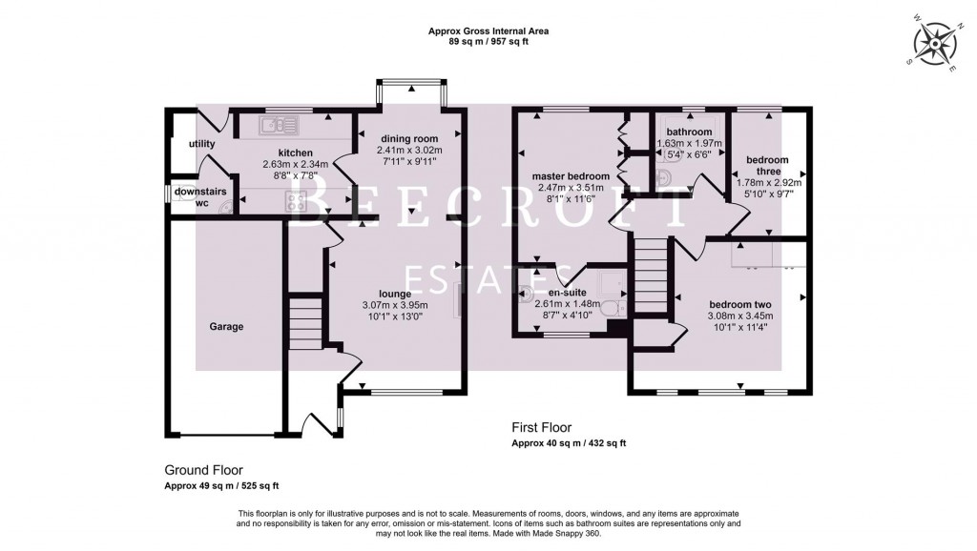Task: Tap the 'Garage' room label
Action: [x=226, y=327]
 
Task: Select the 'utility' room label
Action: [x=201, y=144]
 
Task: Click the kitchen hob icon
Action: [x=296, y=200]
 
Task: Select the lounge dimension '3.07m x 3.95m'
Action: [x=395, y=305]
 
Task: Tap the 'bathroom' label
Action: [x=689, y=132]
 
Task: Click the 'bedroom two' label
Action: [x=739, y=304]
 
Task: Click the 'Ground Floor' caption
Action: [x=203, y=470]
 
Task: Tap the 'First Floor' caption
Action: [x=541, y=428]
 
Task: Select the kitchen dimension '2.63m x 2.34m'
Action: [x=295, y=164]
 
